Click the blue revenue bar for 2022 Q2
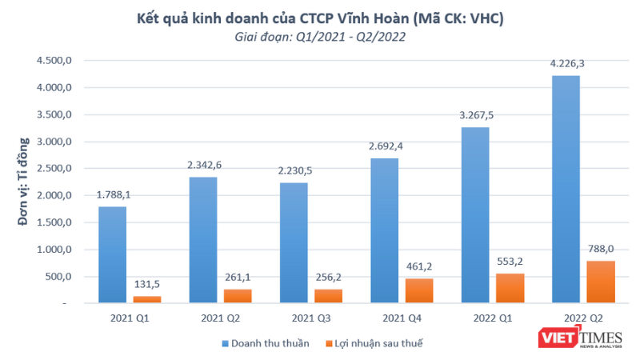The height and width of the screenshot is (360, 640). (566, 189)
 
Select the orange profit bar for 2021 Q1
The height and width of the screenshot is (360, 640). (146, 299)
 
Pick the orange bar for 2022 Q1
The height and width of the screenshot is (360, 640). (510, 288)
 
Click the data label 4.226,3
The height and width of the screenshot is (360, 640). (566, 67)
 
